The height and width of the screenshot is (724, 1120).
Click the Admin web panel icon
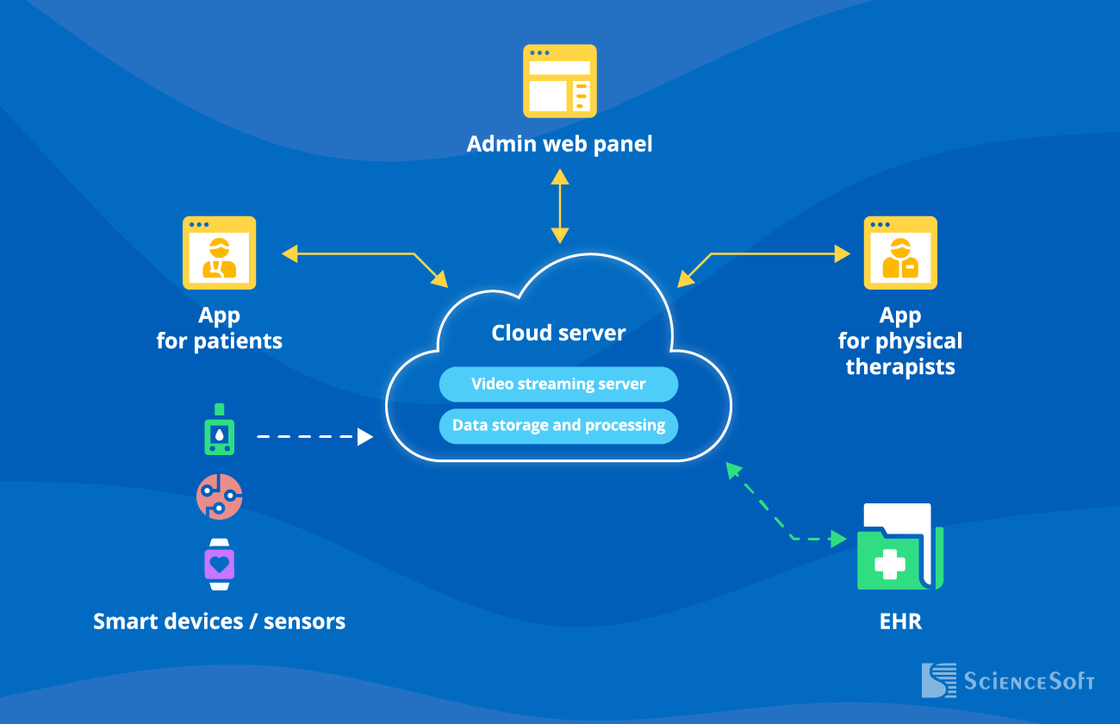point(560,80)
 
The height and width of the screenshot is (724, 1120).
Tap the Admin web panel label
point(560,143)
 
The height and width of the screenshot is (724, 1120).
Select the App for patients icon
point(219,253)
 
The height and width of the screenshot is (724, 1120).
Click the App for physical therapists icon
point(900,253)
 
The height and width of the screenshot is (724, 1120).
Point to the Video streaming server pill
point(558,384)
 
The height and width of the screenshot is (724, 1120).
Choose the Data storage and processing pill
point(558,426)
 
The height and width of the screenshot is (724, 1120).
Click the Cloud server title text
point(558,333)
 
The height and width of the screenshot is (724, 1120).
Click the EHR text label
point(900,621)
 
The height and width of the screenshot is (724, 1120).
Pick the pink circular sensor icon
point(220,496)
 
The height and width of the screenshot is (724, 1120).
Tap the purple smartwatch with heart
point(220,565)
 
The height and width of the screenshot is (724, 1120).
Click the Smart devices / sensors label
point(219,621)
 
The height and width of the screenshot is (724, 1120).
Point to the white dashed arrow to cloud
point(314,437)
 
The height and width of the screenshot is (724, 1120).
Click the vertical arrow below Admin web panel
point(560,206)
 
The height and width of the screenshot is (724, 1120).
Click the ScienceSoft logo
point(1008,681)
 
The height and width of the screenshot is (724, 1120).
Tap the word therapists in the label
point(900,367)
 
